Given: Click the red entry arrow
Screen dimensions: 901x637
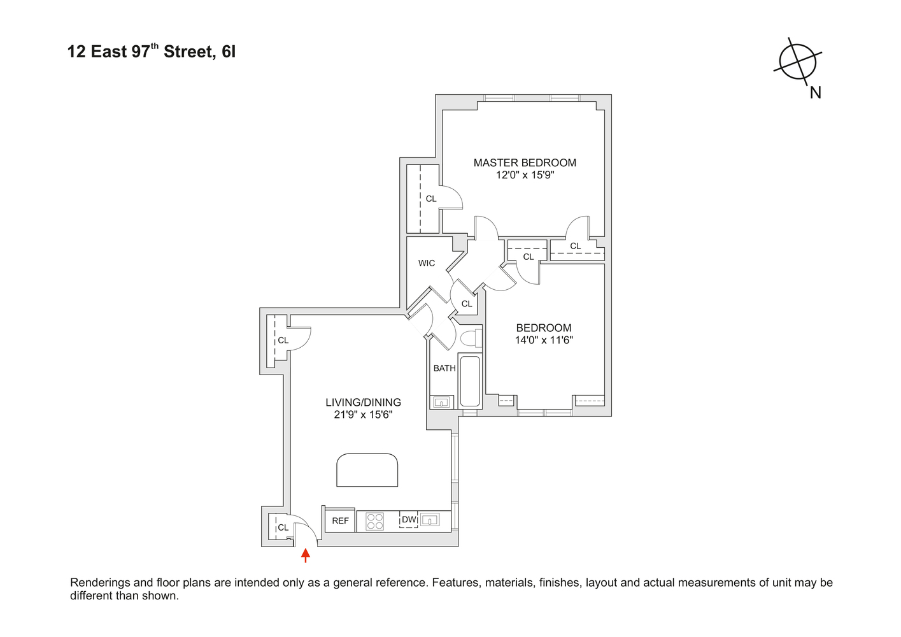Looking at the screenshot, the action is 306,555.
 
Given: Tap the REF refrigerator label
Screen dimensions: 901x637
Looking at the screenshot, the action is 341,521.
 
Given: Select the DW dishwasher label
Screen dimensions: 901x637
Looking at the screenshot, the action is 409,520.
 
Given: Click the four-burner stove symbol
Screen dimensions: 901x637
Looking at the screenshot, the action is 375,522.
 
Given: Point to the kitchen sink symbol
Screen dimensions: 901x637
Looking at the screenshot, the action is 430,520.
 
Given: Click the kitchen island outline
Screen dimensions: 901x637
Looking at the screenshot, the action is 367,470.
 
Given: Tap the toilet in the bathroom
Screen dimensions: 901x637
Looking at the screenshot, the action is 471,338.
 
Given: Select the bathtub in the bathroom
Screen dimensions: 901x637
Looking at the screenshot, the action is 470,381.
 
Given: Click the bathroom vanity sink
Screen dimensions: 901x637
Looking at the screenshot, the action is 441,402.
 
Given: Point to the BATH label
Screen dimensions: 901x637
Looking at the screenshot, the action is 444,368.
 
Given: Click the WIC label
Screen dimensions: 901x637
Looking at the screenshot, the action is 427,263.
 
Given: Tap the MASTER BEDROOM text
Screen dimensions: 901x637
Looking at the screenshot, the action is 525,163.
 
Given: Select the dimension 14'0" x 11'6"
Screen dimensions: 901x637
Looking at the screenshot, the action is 544,340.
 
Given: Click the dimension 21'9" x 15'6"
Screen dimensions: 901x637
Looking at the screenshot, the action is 363,415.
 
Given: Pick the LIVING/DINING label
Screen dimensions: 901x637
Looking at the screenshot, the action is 363,403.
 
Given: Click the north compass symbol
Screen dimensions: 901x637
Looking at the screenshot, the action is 798,61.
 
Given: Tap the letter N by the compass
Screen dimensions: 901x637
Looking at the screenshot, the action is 815,93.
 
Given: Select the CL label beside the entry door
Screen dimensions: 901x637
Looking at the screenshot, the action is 283,527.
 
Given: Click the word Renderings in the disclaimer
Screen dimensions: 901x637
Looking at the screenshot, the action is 101,583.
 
